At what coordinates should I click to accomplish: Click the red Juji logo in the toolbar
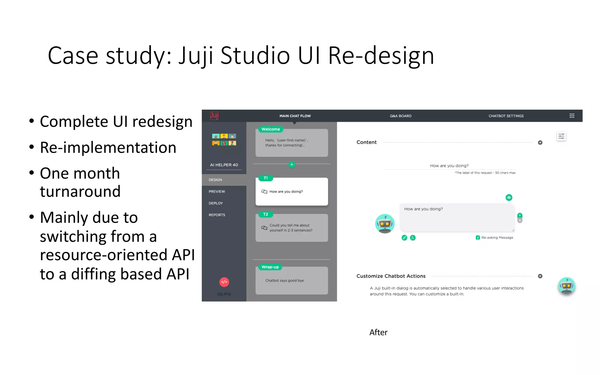coord(214,115)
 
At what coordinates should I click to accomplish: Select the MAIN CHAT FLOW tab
coord(295,116)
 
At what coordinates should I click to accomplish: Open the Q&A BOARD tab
coord(400,116)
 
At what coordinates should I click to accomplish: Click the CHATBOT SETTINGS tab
coord(506,116)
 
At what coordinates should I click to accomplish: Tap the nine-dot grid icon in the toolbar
coord(572,116)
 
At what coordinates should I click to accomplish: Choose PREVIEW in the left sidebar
coord(217,192)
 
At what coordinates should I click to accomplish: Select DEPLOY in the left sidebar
coord(216,203)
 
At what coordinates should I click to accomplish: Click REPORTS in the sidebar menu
coord(217,215)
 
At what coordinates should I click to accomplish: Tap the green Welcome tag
coord(270,129)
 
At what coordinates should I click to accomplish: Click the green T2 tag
coord(265,214)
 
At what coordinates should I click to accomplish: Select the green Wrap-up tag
coord(270,267)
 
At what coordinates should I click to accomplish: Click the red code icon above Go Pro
coord(224,282)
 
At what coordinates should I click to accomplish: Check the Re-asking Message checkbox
coord(478,238)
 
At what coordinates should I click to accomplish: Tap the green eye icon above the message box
coord(509,198)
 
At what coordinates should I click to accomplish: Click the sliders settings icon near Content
coord(561,136)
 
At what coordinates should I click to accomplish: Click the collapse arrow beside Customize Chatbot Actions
coord(540,276)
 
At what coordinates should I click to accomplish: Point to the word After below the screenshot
coord(378,333)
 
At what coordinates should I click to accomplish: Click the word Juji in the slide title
coord(196,56)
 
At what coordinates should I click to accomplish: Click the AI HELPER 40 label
coord(224,165)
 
